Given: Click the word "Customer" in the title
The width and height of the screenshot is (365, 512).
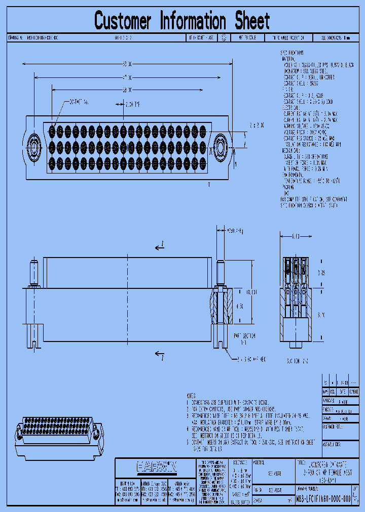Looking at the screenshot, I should click(x=123, y=21).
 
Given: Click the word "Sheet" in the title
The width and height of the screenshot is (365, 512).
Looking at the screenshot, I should click(x=252, y=21).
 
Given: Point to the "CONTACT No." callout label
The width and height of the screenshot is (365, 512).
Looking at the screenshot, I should click(x=80, y=102).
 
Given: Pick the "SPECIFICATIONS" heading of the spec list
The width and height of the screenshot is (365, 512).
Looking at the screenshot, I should click(x=292, y=53).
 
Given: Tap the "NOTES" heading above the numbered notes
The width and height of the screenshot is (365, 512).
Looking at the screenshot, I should click(x=191, y=396).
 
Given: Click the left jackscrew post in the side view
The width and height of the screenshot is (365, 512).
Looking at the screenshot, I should click(x=34, y=273).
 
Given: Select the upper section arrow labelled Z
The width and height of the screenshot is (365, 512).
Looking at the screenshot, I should click(x=160, y=246).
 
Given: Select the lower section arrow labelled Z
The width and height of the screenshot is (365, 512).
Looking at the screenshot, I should click(x=160, y=354).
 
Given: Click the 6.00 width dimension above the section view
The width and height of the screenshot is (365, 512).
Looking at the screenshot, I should click(x=295, y=236).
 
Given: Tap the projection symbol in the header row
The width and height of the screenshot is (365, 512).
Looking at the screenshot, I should click(x=224, y=38).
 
